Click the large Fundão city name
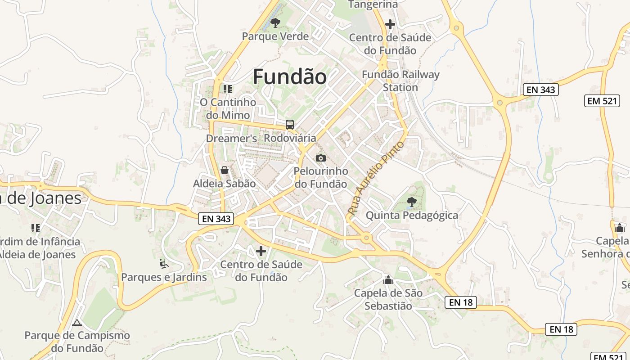pyautogui.click(x=289, y=77)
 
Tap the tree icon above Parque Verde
pyautogui.click(x=275, y=22)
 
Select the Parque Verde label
pyautogui.click(x=275, y=36)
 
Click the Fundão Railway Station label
pyautogui.click(x=400, y=81)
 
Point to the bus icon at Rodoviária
pyautogui.click(x=290, y=125)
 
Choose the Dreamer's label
pyautogui.click(x=231, y=138)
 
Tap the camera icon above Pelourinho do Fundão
pyautogui.click(x=320, y=157)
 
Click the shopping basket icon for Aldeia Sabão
pyautogui.click(x=224, y=170)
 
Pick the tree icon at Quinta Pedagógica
pyautogui.click(x=411, y=202)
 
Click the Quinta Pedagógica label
pyautogui.click(x=412, y=216)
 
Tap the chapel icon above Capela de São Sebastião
pyautogui.click(x=388, y=280)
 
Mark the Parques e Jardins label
pyautogui.click(x=164, y=277)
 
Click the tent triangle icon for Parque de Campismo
pyautogui.click(x=77, y=323)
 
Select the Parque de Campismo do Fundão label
pyautogui.click(x=77, y=342)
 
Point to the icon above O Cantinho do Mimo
pyautogui.click(x=228, y=89)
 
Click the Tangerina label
pyautogui.click(x=373, y=4)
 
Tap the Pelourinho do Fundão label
pyautogui.click(x=320, y=178)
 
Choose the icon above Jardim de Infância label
pyautogui.click(x=35, y=228)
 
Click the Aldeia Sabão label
pyautogui.click(x=224, y=184)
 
